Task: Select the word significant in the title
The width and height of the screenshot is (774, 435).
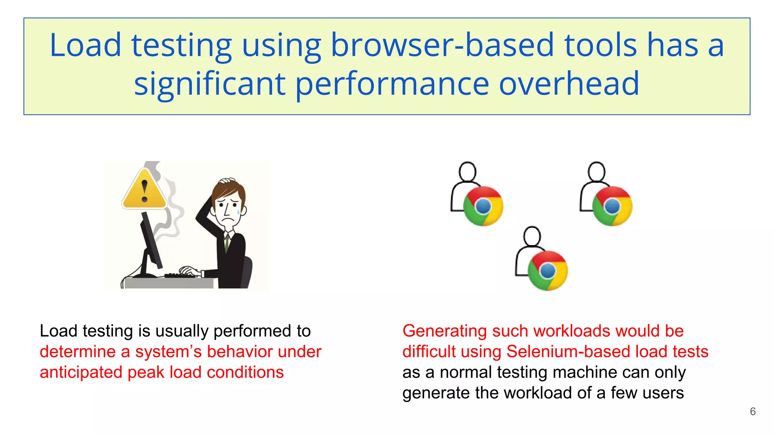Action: (210, 84)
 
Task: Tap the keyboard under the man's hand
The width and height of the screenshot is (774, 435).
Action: (181, 275)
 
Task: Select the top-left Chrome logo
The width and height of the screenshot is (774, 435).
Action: (483, 206)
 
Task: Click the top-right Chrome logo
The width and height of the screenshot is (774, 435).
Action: (612, 206)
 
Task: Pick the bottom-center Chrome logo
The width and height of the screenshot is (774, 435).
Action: (548, 271)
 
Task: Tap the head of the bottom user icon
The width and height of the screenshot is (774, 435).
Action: (532, 236)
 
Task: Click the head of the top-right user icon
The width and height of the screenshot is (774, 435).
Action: (597, 171)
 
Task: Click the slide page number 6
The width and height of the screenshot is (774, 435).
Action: (752, 412)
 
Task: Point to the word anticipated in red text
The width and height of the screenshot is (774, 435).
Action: (81, 372)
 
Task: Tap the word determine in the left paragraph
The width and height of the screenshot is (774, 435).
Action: (77, 352)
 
